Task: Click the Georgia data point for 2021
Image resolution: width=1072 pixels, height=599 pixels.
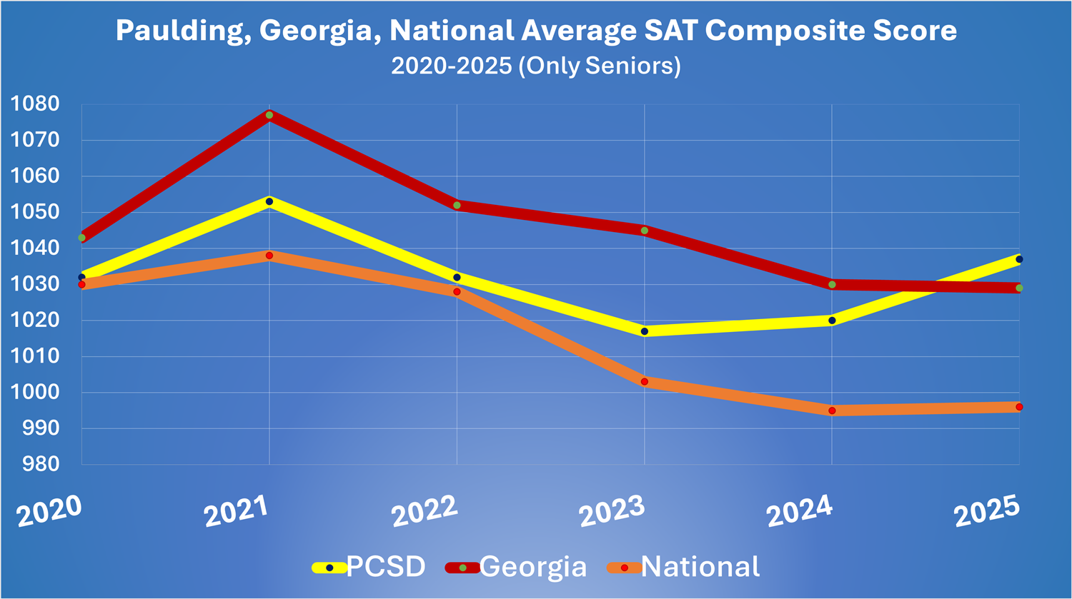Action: point(269,115)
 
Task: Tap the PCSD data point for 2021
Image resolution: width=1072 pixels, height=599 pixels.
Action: point(269,202)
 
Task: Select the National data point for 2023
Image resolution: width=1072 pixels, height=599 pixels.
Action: point(645,382)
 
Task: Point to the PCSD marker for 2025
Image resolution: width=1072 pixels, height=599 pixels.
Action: point(1019,259)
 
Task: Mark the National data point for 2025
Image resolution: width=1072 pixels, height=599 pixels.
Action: point(1019,407)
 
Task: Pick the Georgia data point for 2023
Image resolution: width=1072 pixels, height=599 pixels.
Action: point(645,231)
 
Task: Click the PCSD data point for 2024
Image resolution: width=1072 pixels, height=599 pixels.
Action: point(832,321)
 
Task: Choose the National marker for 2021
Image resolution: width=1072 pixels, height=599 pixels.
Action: point(269,256)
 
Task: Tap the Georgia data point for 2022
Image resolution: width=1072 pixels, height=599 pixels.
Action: point(457,206)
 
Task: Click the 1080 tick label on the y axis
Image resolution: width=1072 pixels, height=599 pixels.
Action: point(34,104)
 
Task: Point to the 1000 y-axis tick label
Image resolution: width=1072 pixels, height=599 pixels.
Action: point(34,393)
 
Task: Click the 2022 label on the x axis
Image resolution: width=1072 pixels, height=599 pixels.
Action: point(425,511)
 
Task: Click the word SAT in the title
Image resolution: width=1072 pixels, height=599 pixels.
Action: point(673,31)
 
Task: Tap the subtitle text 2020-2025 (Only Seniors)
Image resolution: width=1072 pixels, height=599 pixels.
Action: point(536,66)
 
